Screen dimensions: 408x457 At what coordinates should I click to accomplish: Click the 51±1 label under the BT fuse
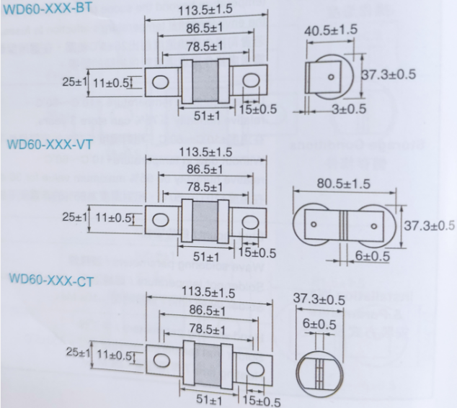pyautogui.click(x=205, y=116)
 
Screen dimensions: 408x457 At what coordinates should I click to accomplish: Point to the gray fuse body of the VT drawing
pyautogui.click(x=206, y=219)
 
